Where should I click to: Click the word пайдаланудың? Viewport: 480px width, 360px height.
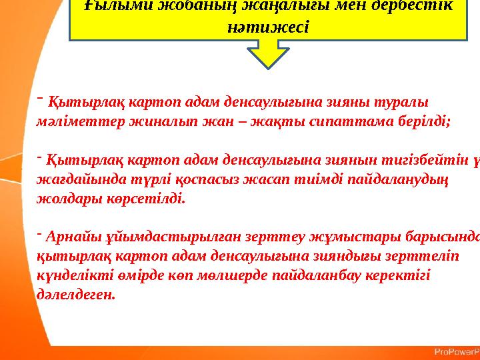(401, 179)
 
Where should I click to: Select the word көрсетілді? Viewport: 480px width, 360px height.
(146, 199)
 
